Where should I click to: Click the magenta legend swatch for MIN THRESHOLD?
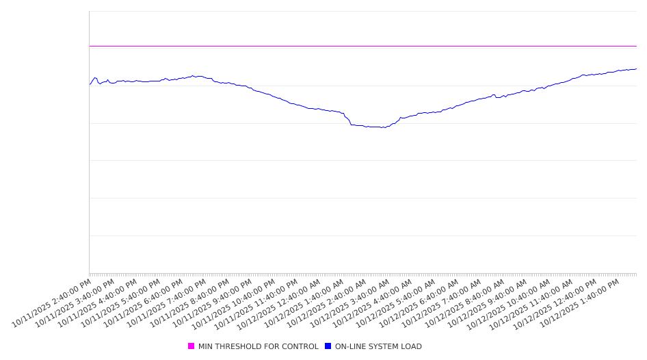191,346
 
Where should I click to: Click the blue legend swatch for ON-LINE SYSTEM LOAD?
328,346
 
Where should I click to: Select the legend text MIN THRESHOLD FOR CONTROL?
258,346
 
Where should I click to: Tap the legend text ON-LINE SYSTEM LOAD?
378,346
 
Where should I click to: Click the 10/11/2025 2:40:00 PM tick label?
52,303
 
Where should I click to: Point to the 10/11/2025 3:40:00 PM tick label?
75,303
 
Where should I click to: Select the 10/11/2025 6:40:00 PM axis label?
144,303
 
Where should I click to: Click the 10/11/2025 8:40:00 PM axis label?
190,303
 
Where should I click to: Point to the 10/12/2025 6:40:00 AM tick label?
420,303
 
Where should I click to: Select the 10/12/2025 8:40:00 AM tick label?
466,303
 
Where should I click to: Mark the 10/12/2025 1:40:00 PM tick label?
581,303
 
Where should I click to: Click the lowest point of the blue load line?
381,127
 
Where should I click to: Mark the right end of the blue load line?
636,68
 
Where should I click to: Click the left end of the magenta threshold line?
90,46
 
